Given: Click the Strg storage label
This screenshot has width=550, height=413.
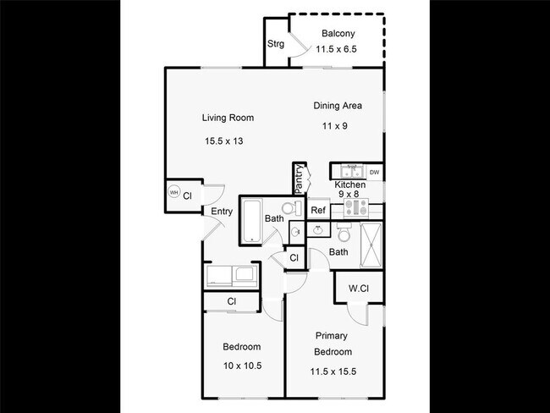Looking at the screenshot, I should coord(276,44).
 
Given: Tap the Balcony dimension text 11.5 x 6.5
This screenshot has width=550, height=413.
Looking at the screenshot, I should coord(337,50).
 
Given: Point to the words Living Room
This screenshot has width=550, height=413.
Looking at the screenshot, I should coord(228,118).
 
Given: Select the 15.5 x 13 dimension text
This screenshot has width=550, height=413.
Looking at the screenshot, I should coord(224,140).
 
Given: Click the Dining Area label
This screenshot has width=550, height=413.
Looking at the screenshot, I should coord(338,106).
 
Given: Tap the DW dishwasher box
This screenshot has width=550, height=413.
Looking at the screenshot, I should coord(374,173).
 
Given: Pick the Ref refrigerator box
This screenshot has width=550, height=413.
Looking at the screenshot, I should coord(318,211).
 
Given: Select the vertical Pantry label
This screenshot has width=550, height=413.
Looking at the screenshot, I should coord(299,179).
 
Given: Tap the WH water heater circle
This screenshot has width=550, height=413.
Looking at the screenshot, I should coord(174,193).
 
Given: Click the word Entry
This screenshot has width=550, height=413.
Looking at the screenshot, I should coord(222,212).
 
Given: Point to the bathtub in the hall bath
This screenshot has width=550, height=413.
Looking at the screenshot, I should coord(251,220).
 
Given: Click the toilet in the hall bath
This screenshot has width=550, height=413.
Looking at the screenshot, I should coord(289,208).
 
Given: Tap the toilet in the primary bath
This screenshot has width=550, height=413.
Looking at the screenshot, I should coord(344,232).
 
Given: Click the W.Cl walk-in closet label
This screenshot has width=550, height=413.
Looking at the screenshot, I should coord(358,289).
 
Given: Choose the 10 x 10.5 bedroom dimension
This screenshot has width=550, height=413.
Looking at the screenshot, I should coord(241,366).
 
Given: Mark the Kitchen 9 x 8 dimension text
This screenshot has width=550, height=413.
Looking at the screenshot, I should coord(349,195).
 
